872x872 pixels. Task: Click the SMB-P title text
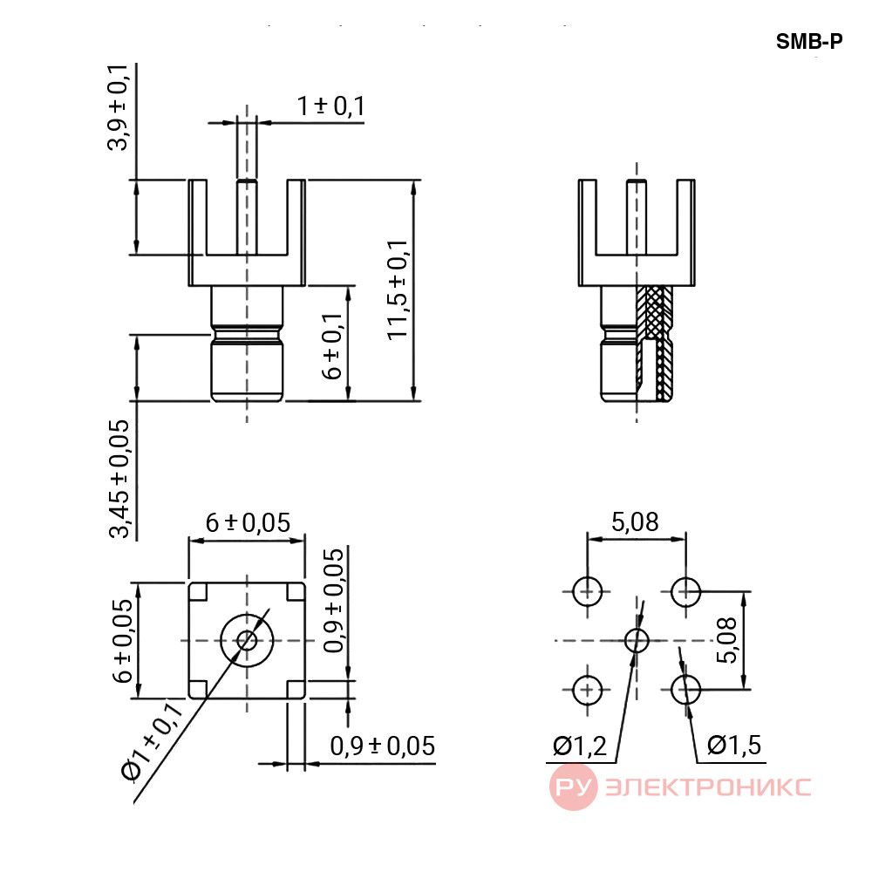click(809, 41)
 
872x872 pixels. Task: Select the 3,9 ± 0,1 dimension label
click(118, 107)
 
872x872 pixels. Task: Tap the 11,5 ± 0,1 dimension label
click(398, 290)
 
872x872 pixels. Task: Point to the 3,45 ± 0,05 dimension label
click(119, 479)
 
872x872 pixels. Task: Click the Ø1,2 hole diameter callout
click(580, 746)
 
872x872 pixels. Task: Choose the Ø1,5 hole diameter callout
click(734, 746)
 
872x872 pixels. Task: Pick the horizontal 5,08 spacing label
click(635, 521)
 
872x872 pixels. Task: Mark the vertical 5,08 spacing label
click(726, 640)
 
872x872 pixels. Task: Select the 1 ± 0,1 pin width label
click(330, 106)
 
